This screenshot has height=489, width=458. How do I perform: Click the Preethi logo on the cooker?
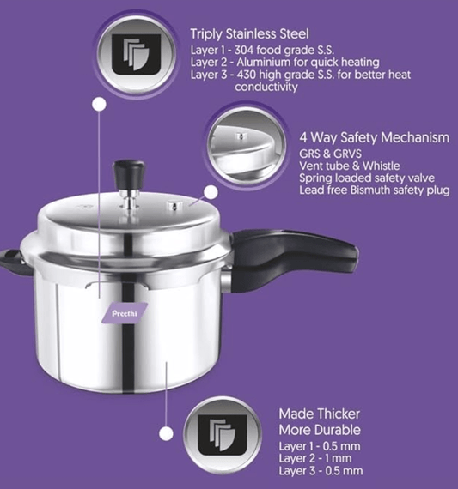pyautogui.click(x=125, y=314)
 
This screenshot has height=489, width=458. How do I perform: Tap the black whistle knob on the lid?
pyautogui.click(x=129, y=169)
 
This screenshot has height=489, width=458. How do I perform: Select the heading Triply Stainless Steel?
pyautogui.click(x=248, y=33)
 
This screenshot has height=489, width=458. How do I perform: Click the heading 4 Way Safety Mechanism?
pyautogui.click(x=374, y=137)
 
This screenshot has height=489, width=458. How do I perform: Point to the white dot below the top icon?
pyautogui.click(x=100, y=105)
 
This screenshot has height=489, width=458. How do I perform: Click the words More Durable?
pyautogui.click(x=319, y=430)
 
